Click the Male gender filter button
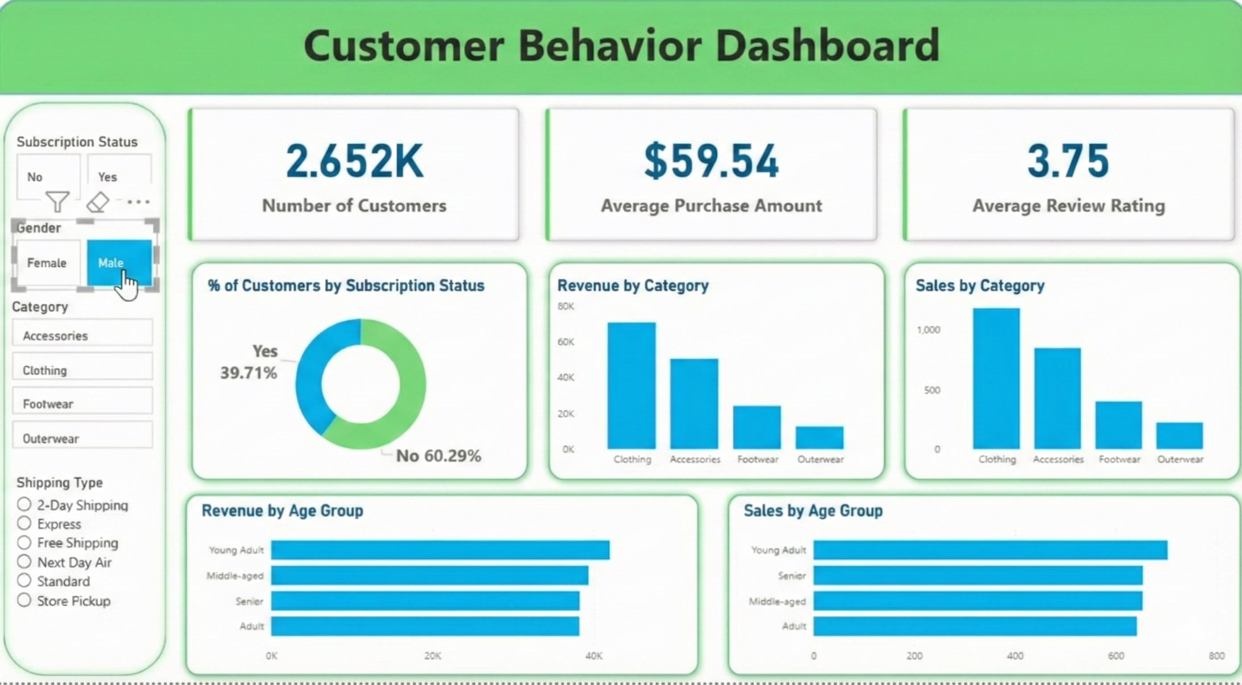click(119, 263)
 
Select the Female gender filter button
click(47, 263)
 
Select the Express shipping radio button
click(24, 524)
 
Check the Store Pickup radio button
click(24, 600)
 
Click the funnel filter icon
click(58, 202)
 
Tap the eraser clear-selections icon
click(98, 202)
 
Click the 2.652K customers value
click(354, 161)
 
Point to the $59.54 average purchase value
click(711, 161)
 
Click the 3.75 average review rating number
click(1068, 161)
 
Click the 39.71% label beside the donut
click(248, 373)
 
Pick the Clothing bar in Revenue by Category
click(631, 386)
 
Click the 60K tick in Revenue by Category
click(566, 342)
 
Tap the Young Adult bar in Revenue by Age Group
click(440, 550)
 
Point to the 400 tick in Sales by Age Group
click(1015, 656)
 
